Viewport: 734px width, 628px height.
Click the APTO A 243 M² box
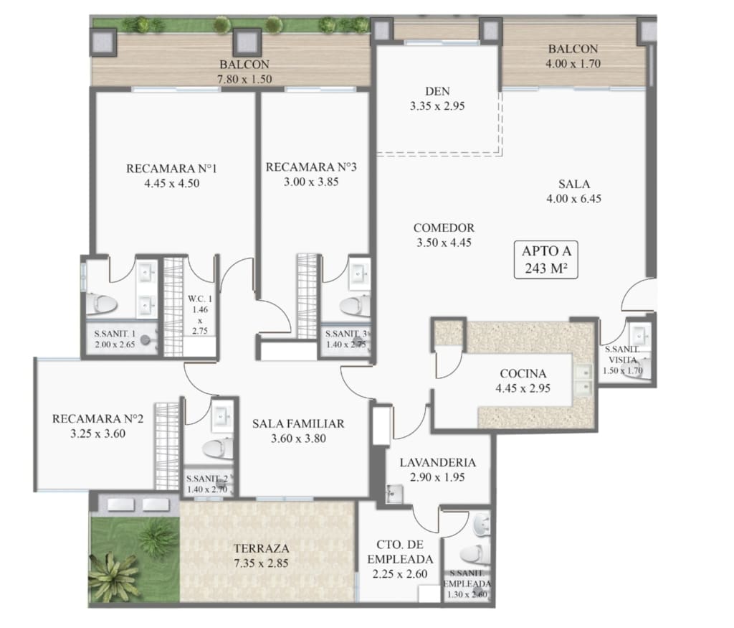point(545,260)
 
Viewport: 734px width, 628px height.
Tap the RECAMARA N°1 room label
point(171,168)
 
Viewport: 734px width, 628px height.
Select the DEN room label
point(437,91)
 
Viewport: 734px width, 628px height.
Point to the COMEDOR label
point(444,228)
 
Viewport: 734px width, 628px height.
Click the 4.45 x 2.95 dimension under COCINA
point(523,388)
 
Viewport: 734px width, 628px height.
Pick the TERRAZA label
point(261,548)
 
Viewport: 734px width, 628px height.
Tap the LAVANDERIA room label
point(437,462)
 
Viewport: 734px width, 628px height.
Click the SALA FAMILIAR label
point(298,423)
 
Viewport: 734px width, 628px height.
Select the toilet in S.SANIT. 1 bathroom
point(102,304)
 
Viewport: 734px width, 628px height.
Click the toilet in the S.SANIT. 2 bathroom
point(218,449)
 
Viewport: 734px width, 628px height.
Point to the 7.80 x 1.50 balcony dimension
point(244,79)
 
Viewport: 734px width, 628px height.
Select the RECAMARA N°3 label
point(311,167)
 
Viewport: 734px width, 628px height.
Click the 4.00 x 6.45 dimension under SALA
point(574,198)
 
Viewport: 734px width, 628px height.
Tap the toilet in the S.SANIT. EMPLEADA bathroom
point(475,554)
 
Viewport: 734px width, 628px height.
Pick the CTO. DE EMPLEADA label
point(400,552)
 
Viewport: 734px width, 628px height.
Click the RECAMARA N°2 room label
point(97,418)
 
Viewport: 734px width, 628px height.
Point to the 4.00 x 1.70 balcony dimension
point(573,63)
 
